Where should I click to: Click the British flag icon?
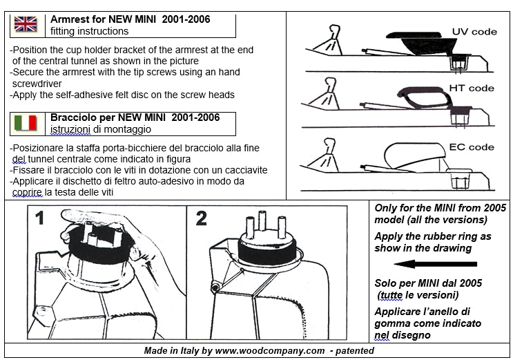(26, 24)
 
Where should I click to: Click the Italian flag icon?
(26, 123)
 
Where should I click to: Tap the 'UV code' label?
(474, 32)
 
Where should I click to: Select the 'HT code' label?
(472, 88)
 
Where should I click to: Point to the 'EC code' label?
(472, 147)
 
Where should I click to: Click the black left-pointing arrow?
(436, 264)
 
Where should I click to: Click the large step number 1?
(39, 218)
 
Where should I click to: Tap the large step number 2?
(201, 218)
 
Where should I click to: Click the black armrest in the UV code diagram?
(422, 42)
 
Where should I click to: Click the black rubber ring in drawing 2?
(267, 253)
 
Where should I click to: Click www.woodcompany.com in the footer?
(270, 351)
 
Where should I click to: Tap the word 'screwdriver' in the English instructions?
(37, 84)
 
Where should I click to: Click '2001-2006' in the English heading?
(186, 19)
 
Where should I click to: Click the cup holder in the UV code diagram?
(458, 62)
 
